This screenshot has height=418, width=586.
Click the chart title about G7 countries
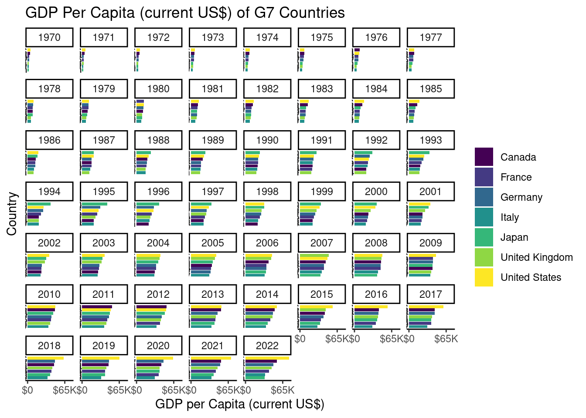[x=185, y=13]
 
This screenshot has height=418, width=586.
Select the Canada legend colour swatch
[x=484, y=157]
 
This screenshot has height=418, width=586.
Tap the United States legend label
[x=531, y=277]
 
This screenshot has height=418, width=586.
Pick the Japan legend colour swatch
[x=484, y=237]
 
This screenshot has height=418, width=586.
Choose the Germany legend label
[x=521, y=197]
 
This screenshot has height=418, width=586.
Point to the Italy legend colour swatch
[x=484, y=217]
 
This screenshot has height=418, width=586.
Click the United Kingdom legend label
[x=536, y=257]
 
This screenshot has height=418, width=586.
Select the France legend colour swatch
[x=484, y=177]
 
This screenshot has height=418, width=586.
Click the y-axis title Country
[x=12, y=214]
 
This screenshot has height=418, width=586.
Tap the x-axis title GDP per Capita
[x=239, y=404]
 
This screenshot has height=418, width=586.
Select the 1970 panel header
[x=49, y=37]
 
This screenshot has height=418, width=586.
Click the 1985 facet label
[x=431, y=89]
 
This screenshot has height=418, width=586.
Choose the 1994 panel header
[x=49, y=192]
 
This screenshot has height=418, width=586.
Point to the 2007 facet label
[x=322, y=243]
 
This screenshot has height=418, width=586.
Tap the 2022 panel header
[x=267, y=346]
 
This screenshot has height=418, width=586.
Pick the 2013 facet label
[x=213, y=294]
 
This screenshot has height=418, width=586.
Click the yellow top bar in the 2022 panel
[x=267, y=358]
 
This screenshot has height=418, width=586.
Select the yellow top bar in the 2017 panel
[x=426, y=307]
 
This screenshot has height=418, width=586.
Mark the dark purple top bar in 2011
[x=97, y=307]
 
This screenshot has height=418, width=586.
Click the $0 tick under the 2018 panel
[x=27, y=390]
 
